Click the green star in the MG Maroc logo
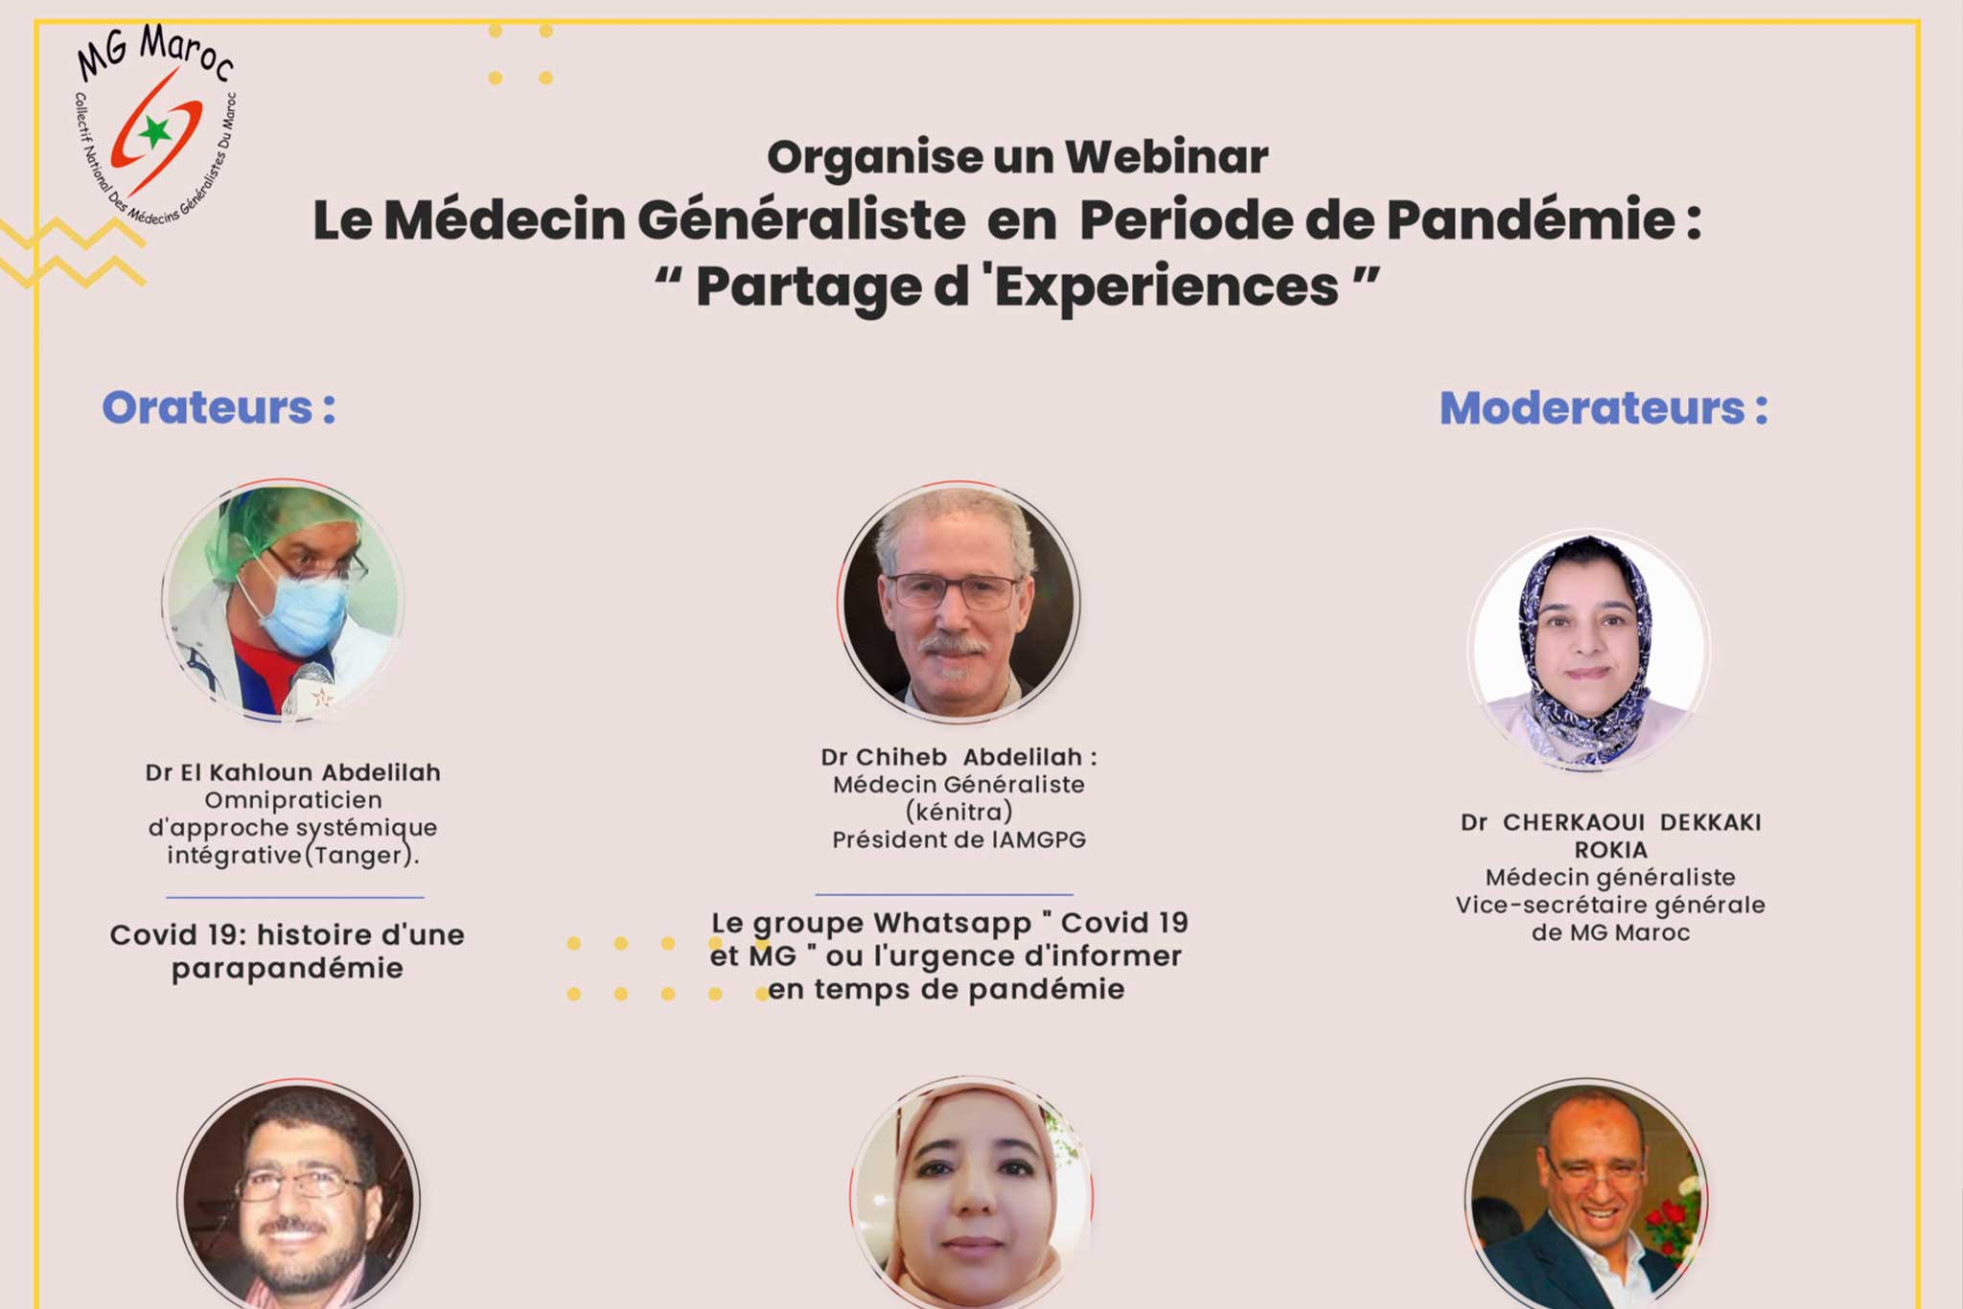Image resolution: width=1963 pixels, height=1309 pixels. [x=154, y=131]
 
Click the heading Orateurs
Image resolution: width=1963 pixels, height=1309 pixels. [x=219, y=407]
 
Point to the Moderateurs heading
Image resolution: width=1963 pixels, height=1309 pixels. [x=1604, y=408]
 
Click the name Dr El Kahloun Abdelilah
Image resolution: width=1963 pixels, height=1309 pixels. [x=293, y=772]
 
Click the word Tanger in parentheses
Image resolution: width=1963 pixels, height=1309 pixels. [x=358, y=856]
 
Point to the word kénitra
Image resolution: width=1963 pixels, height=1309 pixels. [x=958, y=813]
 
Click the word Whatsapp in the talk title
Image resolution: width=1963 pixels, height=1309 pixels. [x=952, y=924]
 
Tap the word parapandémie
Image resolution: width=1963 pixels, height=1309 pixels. [x=288, y=969]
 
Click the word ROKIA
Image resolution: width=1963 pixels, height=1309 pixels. [x=1610, y=850]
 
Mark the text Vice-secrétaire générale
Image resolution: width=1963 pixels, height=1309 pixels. [x=1610, y=906]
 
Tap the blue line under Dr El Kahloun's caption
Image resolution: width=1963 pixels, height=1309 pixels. [x=295, y=897]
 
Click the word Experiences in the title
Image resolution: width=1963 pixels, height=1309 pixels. [x=1166, y=286]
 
